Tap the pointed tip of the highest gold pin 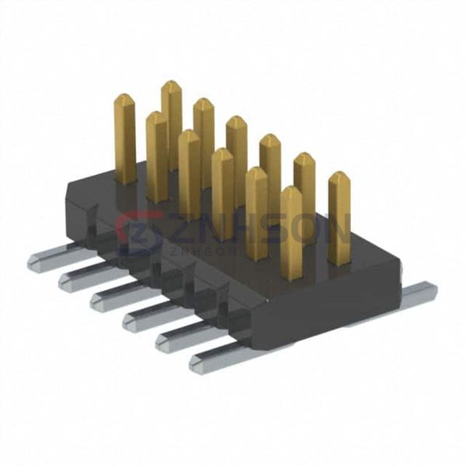170,82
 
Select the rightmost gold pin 339,217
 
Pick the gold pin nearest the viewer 291,234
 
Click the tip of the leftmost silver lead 30,263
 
